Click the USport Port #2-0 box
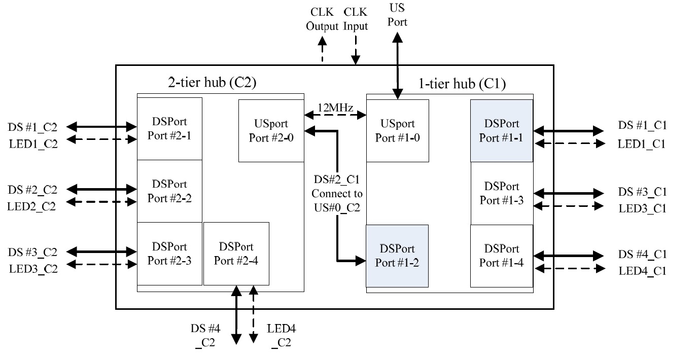point(271,131)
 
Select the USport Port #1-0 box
point(398,131)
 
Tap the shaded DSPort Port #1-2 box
point(398,256)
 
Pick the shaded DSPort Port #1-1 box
point(501,131)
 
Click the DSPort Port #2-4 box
point(236,254)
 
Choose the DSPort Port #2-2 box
point(169,191)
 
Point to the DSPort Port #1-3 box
point(502,193)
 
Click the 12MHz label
point(335,107)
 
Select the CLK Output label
point(322,19)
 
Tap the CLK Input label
point(356,19)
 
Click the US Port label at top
point(398,15)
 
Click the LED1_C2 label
point(33,144)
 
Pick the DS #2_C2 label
point(32,190)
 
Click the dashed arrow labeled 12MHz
point(335,116)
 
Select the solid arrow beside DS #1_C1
point(569,131)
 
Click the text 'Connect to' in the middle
point(337,193)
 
